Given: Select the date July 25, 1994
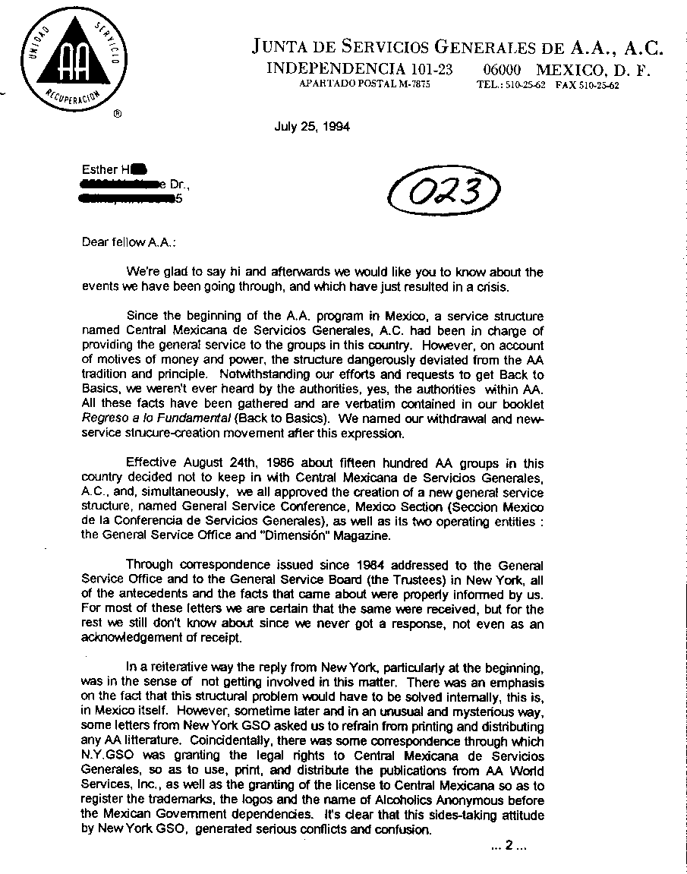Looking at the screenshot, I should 311,127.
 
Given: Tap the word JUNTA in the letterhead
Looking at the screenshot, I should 280,47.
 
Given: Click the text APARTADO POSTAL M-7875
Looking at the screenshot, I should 365,85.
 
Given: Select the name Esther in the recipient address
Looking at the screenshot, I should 99,169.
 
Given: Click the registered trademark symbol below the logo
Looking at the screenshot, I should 116,115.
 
